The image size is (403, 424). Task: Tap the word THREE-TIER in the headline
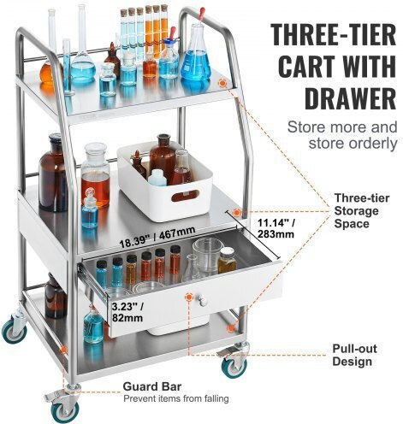[x=334, y=34]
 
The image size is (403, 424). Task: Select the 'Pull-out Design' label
[x=354, y=355]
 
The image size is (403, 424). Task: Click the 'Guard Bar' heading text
[x=152, y=386]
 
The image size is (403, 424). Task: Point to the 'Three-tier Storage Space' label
[x=362, y=211]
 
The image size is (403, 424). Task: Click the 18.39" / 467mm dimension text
[x=157, y=237]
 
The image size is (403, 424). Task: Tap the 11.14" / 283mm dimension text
[x=276, y=228]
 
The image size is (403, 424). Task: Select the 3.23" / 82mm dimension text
[x=127, y=312]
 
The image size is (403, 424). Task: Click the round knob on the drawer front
[x=203, y=301]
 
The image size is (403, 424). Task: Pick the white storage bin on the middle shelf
[x=165, y=182]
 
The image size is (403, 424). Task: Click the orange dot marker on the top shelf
[x=222, y=83]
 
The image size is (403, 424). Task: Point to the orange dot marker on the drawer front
[x=188, y=297]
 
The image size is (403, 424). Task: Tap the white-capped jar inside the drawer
[x=227, y=260]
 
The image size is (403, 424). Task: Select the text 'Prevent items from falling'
[x=176, y=398]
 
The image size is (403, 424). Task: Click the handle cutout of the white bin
[x=185, y=196]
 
